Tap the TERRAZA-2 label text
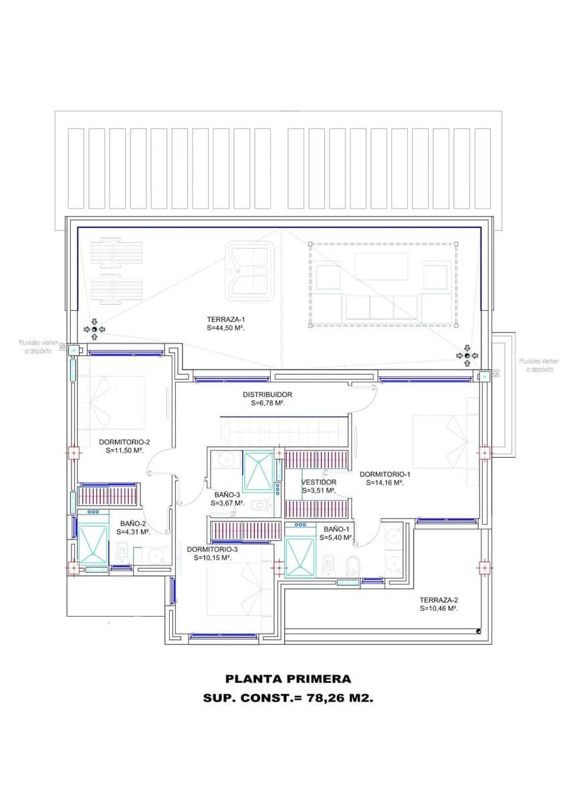click(439, 599)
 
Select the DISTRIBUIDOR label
click(267, 394)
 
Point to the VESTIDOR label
click(319, 482)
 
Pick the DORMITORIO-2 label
click(124, 442)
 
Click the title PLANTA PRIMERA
click(288, 679)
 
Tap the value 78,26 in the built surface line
click(328, 698)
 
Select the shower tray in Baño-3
click(258, 472)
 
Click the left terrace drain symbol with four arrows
click(94, 329)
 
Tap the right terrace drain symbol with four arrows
click(467, 356)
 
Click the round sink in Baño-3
click(225, 460)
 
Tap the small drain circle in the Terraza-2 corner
click(479, 631)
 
